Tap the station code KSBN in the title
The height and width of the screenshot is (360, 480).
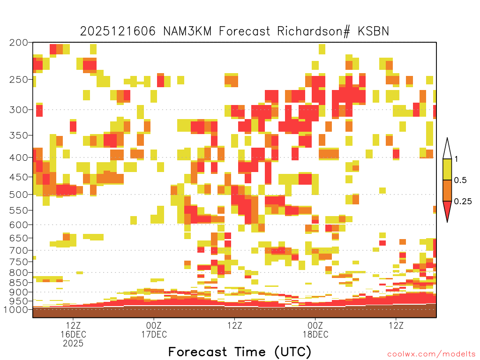(374, 31)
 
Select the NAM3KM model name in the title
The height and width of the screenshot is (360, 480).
(187, 31)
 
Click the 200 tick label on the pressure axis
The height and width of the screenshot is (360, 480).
(18, 43)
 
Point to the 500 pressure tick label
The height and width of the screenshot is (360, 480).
(18, 195)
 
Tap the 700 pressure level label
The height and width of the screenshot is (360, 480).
(18, 250)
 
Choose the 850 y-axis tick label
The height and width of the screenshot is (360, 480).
(18, 283)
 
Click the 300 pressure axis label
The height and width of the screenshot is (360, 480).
(18, 110)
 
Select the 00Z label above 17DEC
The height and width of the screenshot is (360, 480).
(154, 325)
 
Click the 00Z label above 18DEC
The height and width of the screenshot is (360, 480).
(315, 325)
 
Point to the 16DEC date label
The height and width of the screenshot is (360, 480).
(73, 334)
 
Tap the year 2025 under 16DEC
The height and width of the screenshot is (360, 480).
(73, 344)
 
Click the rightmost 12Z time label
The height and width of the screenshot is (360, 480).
(396, 325)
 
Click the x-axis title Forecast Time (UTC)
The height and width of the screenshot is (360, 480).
(240, 352)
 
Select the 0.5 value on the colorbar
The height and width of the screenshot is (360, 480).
(460, 180)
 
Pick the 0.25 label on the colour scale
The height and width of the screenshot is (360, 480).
(463, 201)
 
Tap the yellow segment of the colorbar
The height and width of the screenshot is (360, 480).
(447, 169)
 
